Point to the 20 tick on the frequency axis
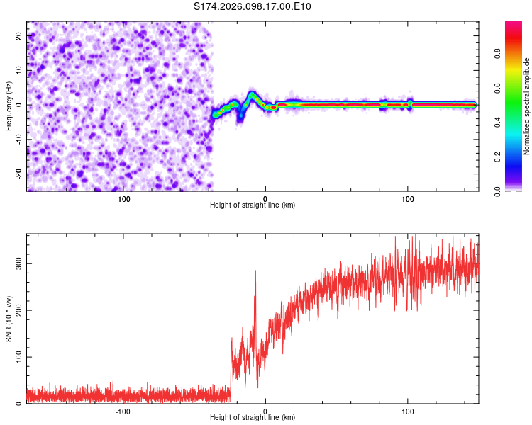[20, 35]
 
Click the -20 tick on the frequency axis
[18, 174]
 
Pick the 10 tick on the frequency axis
[20, 70]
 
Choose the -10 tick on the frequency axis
[18, 140]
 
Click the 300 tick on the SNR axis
[17, 263]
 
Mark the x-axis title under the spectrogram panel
[253, 205]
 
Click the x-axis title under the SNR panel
[253, 417]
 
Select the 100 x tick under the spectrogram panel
[408, 198]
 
